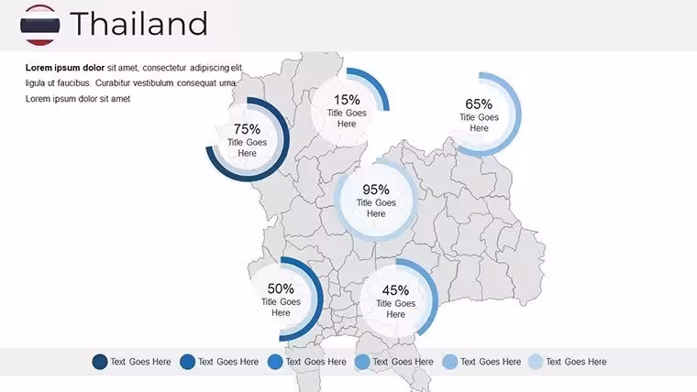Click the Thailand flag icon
(x=40, y=25)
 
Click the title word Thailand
(x=138, y=24)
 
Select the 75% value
(x=247, y=129)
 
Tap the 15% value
(x=347, y=100)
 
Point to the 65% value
(x=479, y=103)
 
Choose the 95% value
(x=376, y=190)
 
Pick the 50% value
(x=281, y=289)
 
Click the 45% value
(x=395, y=290)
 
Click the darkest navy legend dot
(x=100, y=362)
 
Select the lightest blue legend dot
(x=536, y=362)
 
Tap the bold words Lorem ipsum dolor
(x=65, y=68)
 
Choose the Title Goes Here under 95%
(x=376, y=208)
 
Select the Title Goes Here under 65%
(x=479, y=123)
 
